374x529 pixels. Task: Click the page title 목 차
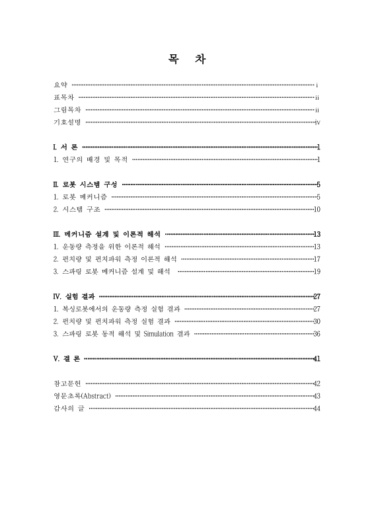[187, 60]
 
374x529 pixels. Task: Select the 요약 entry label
[60, 85]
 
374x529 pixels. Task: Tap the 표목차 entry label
[63, 97]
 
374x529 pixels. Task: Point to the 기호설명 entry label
[67, 122]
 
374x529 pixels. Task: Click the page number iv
[318, 122]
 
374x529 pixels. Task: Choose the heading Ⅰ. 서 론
[65, 147]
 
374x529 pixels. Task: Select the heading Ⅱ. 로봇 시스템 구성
[85, 184]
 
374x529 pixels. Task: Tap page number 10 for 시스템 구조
[317, 210]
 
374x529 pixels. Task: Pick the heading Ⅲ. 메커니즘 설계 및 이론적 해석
[106, 234]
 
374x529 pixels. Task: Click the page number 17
[317, 259]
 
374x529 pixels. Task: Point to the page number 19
[317, 271]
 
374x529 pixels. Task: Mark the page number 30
[317, 321]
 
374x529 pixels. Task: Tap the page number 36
[317, 334]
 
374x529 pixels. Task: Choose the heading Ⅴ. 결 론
[67, 358]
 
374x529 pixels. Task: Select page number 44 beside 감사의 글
[317, 409]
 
